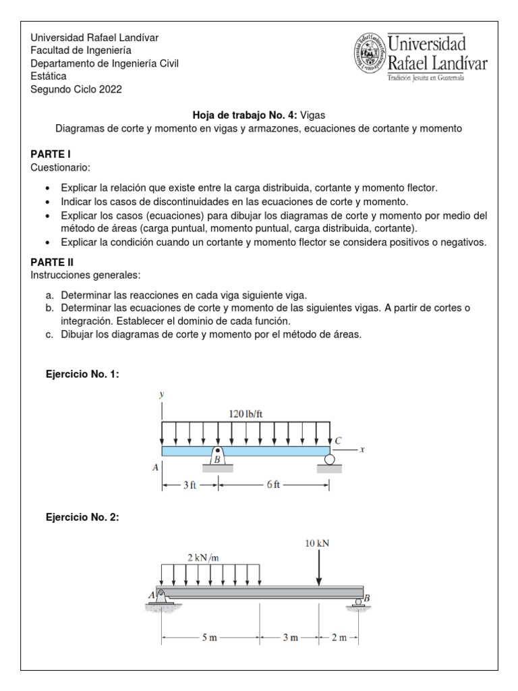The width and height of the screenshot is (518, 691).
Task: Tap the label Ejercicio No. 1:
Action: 82,373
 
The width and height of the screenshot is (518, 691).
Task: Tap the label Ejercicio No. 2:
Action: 82,517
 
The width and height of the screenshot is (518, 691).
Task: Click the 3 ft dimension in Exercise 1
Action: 189,485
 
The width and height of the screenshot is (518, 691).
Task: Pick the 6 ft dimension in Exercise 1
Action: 274,485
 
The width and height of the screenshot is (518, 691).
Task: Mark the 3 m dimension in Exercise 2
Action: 291,638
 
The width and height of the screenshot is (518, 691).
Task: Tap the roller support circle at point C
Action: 330,460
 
